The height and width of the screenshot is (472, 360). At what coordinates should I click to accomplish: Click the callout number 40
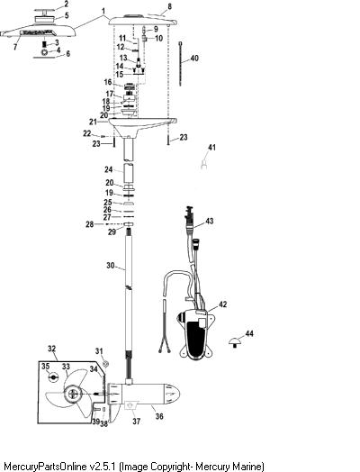pos(194,58)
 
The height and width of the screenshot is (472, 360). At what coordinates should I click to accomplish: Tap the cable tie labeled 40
pos(181,64)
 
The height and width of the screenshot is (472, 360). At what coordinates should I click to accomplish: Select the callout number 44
pos(249,333)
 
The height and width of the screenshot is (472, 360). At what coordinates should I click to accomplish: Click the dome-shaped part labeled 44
pos(234,342)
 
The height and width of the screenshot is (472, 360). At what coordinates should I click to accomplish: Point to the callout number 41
pos(212,147)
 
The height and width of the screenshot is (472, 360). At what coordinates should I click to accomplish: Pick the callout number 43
pos(210,221)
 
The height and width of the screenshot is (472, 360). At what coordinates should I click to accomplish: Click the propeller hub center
pos(73,394)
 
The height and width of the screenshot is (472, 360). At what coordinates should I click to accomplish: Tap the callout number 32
pos(51,349)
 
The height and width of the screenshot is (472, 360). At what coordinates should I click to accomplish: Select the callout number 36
pos(159,416)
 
